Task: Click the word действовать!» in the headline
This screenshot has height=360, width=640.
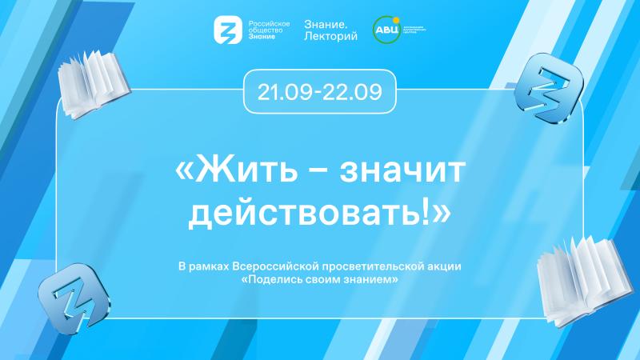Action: [320, 211]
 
